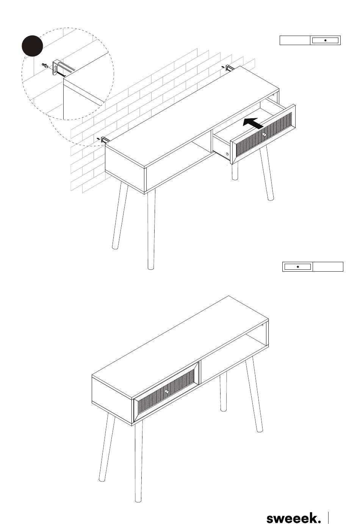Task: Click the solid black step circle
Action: point(32,46)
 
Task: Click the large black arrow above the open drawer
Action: point(254,123)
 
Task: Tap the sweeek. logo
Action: point(294,517)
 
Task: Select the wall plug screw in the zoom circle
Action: point(45,66)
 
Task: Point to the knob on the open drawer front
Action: point(265,135)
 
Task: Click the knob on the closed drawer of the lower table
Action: point(166,391)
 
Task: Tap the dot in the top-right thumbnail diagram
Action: point(326,41)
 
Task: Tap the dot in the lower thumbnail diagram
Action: point(297,267)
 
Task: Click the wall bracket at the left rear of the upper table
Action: point(105,140)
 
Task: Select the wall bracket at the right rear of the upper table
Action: point(230,68)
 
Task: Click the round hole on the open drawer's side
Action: point(227,154)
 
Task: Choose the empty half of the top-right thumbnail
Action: point(295,41)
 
